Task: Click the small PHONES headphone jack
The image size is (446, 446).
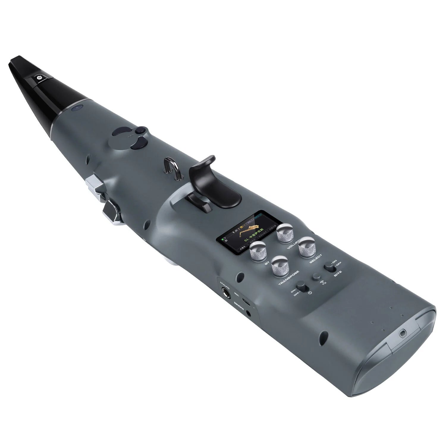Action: (x=249, y=312)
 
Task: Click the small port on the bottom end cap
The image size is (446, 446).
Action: (x=403, y=333)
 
